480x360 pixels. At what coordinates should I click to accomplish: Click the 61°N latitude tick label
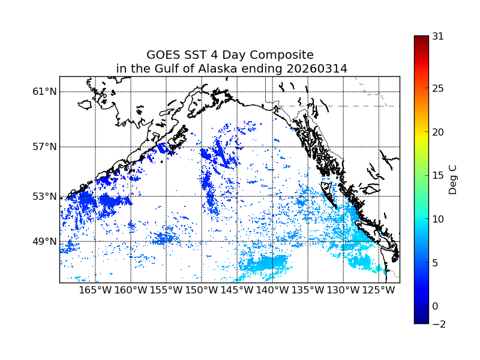(x=44, y=92)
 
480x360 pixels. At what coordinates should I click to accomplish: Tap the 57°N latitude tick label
(x=44, y=147)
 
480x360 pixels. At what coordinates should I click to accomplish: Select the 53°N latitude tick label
(x=44, y=197)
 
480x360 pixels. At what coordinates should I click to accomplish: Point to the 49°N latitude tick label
(x=44, y=242)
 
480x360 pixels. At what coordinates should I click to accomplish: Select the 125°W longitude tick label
(x=379, y=290)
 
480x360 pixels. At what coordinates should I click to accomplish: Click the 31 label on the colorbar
(x=438, y=36)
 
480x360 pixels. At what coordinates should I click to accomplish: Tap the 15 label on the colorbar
(x=438, y=176)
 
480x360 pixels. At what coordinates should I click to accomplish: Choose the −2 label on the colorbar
(x=438, y=324)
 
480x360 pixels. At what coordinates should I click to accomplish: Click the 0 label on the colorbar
(x=435, y=306)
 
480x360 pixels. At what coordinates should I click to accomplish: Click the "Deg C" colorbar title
(x=453, y=176)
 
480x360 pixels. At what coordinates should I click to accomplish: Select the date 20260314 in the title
(x=316, y=69)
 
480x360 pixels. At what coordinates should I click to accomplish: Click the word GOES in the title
(x=163, y=55)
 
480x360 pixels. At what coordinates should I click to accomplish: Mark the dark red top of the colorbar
(x=421, y=38)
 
